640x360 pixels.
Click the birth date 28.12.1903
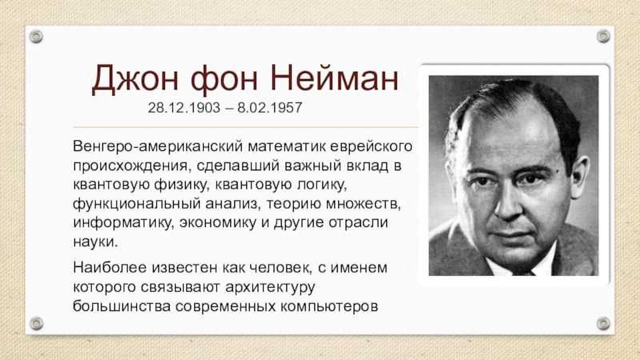coord(184,108)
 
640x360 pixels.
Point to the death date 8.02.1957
coord(270,108)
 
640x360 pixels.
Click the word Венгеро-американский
coord(158,146)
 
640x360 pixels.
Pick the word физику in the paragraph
coord(181,185)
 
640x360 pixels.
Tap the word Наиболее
coord(110,268)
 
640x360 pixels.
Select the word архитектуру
coord(270,287)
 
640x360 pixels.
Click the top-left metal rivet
coord(36,37)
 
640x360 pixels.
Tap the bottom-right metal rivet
coord(603,324)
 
